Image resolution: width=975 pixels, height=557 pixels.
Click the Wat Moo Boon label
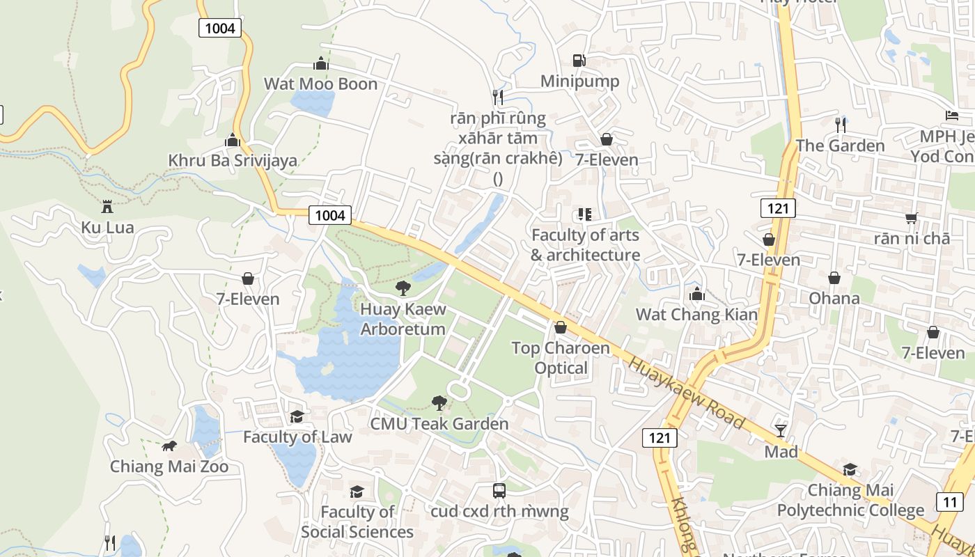[x=320, y=84]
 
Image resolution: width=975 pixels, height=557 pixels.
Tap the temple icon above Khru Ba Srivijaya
[x=233, y=140]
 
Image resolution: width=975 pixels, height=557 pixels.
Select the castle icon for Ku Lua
[x=107, y=207]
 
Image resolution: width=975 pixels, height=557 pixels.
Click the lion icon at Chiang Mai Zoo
[x=169, y=446]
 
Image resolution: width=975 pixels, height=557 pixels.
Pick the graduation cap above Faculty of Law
[x=297, y=416]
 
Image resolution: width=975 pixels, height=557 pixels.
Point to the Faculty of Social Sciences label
[x=357, y=522]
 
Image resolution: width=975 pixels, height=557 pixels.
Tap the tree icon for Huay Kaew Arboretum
[x=403, y=288]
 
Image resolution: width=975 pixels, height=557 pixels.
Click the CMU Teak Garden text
[x=439, y=424]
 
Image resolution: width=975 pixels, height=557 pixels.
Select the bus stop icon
[x=499, y=491]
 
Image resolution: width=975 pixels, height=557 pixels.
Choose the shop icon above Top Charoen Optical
[x=561, y=327]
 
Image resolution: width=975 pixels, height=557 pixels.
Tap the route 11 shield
[x=950, y=501]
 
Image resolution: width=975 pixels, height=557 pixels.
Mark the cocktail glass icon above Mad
[x=781, y=431]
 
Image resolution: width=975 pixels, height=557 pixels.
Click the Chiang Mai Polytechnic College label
[x=850, y=501]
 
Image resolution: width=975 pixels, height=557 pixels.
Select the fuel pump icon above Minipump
[x=579, y=61]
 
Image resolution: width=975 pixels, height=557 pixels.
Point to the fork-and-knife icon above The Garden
[x=841, y=125]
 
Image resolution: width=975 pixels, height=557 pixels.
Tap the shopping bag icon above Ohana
[x=834, y=278]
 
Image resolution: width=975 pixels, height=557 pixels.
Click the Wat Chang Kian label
[x=696, y=315]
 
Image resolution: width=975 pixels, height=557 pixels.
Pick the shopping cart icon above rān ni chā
[x=912, y=218]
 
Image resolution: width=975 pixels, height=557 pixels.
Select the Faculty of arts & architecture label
[x=585, y=245]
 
